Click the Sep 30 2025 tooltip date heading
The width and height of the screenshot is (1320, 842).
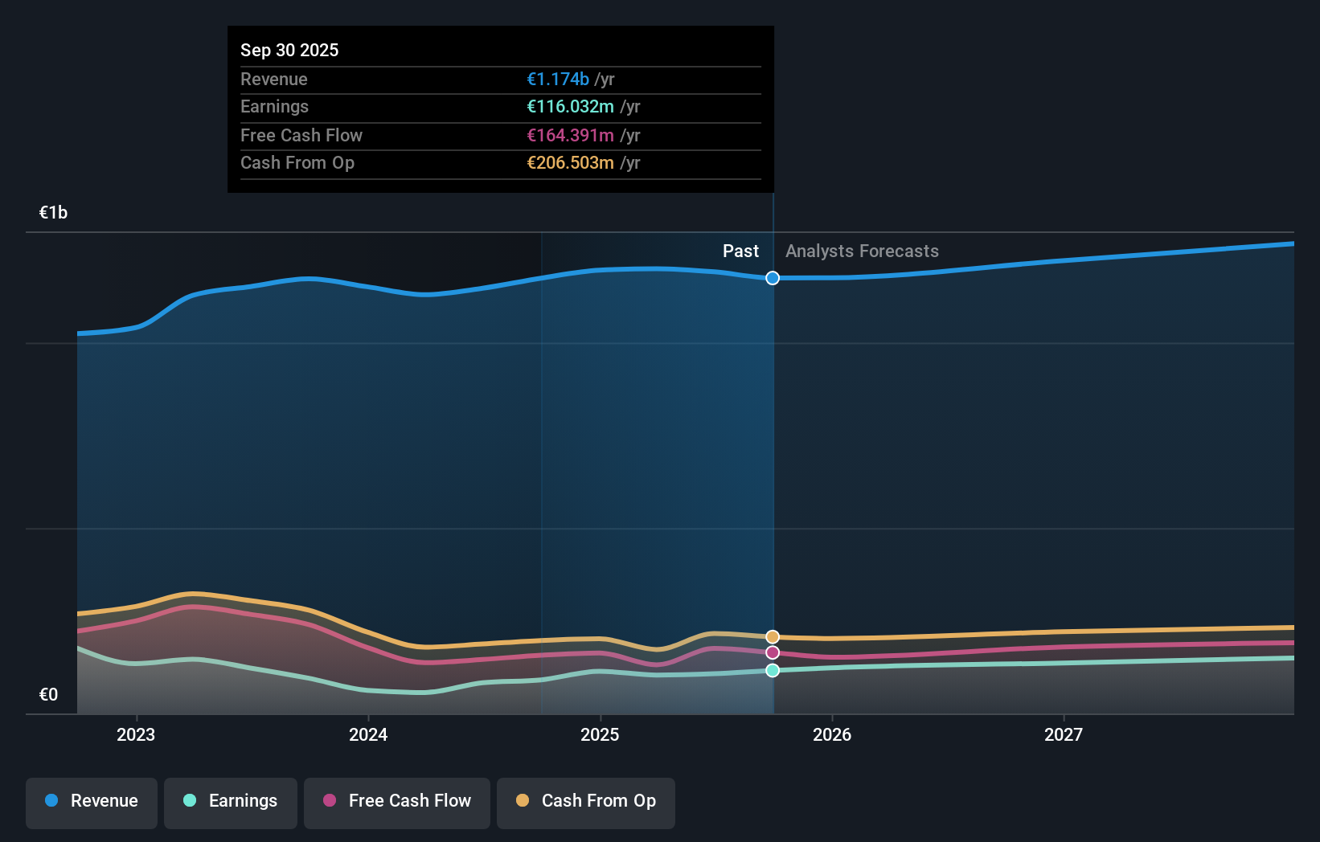point(289,50)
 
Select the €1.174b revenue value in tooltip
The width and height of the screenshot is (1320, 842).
point(558,79)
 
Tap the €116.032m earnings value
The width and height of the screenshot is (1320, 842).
point(570,106)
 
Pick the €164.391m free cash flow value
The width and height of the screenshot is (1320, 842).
point(570,135)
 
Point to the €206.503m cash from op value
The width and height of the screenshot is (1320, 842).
point(570,162)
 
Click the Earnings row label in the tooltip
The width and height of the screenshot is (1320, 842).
point(274,106)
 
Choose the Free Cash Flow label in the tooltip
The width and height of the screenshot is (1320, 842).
point(301,135)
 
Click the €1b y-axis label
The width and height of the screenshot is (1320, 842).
point(53,212)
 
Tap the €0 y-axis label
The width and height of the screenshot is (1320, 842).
point(48,694)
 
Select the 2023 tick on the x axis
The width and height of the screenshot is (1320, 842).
point(136,734)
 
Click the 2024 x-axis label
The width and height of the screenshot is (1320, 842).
point(368,734)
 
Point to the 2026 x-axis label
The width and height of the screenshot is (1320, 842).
point(832,734)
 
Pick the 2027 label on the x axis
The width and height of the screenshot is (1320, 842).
point(1064,734)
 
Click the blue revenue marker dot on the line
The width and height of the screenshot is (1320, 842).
point(773,278)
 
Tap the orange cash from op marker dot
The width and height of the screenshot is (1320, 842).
point(773,637)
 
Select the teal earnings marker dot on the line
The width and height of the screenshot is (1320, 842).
point(773,670)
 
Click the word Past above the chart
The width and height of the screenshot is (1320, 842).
point(740,251)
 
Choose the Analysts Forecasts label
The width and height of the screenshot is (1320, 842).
point(862,251)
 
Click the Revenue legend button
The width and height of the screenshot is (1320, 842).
point(92,801)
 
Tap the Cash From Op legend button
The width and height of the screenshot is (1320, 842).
point(586,801)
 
